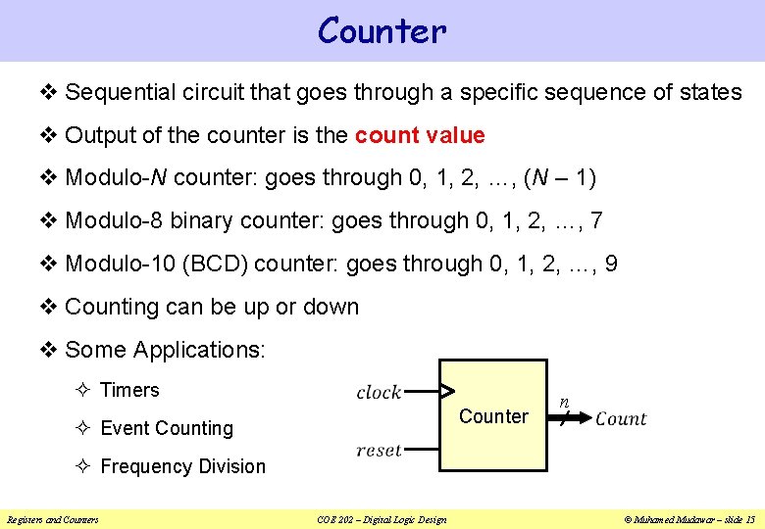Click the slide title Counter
click(x=382, y=31)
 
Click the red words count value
click(x=420, y=135)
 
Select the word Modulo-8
click(x=114, y=221)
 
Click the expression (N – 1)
click(x=560, y=178)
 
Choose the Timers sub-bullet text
click(x=129, y=390)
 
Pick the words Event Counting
click(x=167, y=428)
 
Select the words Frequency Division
click(x=182, y=466)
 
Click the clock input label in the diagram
click(x=379, y=392)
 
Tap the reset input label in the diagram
click(x=379, y=451)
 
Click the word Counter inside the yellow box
click(x=493, y=416)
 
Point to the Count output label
click(x=621, y=419)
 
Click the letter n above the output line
click(x=564, y=402)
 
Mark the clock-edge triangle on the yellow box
click(x=446, y=392)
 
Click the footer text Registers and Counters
click(x=53, y=519)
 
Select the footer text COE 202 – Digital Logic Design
click(x=382, y=519)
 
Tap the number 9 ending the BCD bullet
click(x=611, y=264)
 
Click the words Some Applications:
click(x=165, y=350)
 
